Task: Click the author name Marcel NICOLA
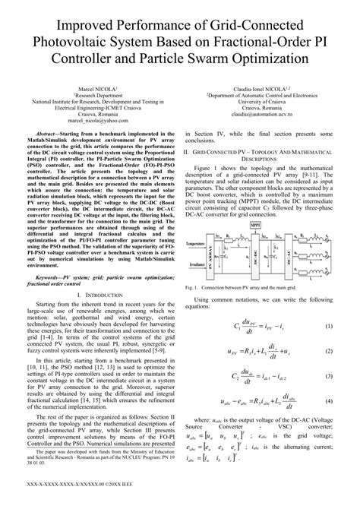point(90,89)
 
